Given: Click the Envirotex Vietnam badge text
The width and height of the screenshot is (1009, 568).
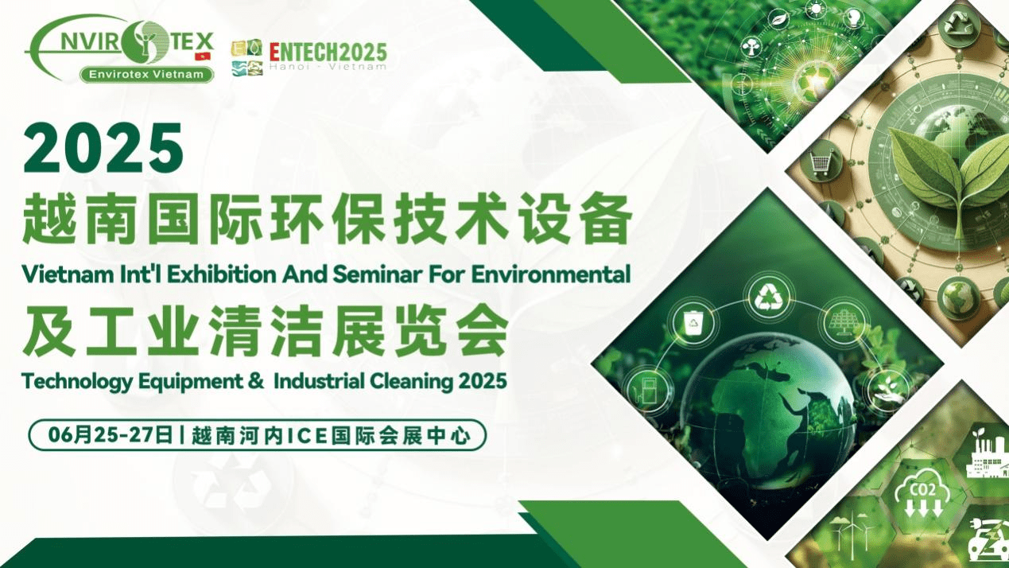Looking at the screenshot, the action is pos(146,75).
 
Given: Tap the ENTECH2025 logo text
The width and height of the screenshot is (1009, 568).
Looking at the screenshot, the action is pos(328,53).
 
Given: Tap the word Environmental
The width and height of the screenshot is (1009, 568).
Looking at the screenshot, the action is pos(550,274).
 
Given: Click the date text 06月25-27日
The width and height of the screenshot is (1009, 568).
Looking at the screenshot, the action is pos(111,437).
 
